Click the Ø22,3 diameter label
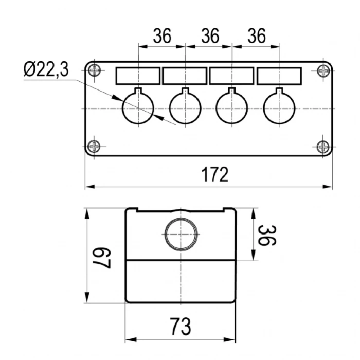(46, 69)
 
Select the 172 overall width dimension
(215, 174)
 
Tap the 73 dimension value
(181, 326)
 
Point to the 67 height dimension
(101, 258)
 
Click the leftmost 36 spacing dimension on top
(162, 36)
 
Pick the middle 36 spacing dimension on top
(210, 36)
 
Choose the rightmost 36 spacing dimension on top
(257, 36)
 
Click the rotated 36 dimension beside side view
(267, 236)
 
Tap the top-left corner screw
(94, 70)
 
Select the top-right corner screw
(323, 71)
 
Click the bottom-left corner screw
(94, 146)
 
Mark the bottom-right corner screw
(323, 147)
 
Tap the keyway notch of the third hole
(231, 91)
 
